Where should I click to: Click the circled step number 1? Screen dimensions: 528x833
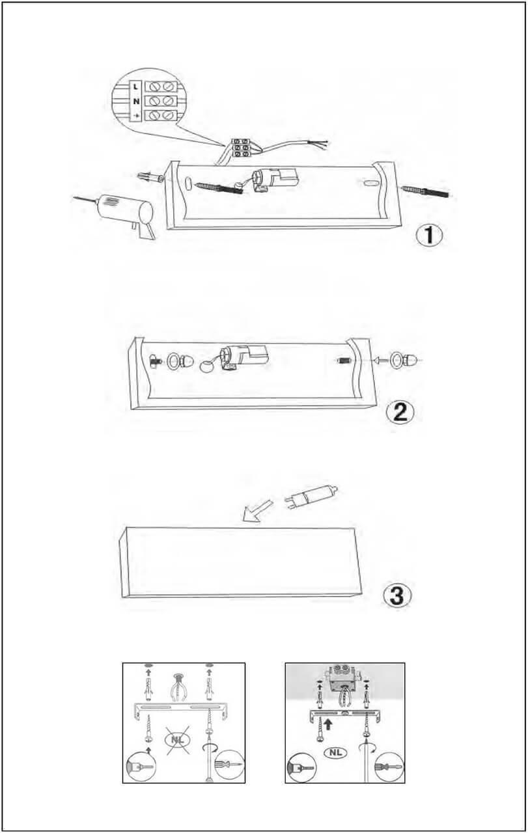click(429, 235)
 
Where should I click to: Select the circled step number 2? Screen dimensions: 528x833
click(400, 413)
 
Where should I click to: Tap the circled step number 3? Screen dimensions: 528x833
click(397, 595)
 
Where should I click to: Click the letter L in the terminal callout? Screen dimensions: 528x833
click(135, 87)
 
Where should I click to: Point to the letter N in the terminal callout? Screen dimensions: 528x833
click(136, 101)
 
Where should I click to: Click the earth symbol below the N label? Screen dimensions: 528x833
click(137, 116)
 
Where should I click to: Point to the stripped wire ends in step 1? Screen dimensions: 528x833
click(321, 144)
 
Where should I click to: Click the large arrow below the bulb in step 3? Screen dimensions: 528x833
click(257, 512)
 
